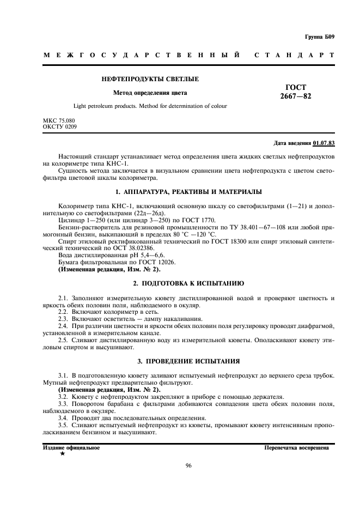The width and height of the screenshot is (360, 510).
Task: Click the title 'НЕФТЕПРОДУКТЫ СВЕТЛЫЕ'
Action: tap(150, 79)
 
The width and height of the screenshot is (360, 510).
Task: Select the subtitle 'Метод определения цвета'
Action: tap(150, 93)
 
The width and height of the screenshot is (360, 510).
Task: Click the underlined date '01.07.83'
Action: tap(324, 144)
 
